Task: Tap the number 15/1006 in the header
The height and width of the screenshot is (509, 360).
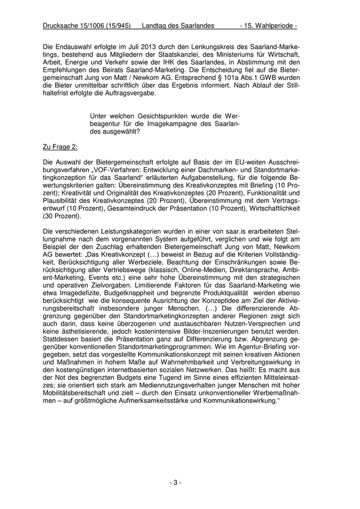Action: coord(96,25)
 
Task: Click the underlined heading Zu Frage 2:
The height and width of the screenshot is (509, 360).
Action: coord(60,147)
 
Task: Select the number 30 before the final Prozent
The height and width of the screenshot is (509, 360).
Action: coord(50,216)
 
